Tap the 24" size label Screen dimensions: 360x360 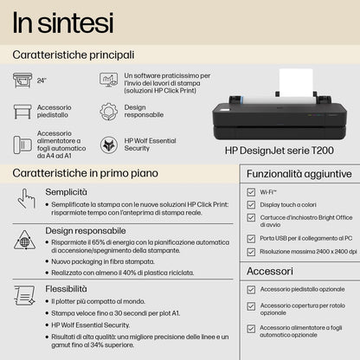(42, 80)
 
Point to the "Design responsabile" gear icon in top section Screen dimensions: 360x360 (109, 111)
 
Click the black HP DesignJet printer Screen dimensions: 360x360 (279, 120)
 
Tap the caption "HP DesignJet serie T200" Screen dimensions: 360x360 (278, 150)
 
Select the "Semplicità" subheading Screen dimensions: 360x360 (66, 191)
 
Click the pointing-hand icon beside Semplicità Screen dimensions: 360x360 (27, 198)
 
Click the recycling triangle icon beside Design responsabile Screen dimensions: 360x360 (25, 240)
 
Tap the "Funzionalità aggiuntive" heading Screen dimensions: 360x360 (295, 174)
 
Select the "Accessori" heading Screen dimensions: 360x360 (269, 270)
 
